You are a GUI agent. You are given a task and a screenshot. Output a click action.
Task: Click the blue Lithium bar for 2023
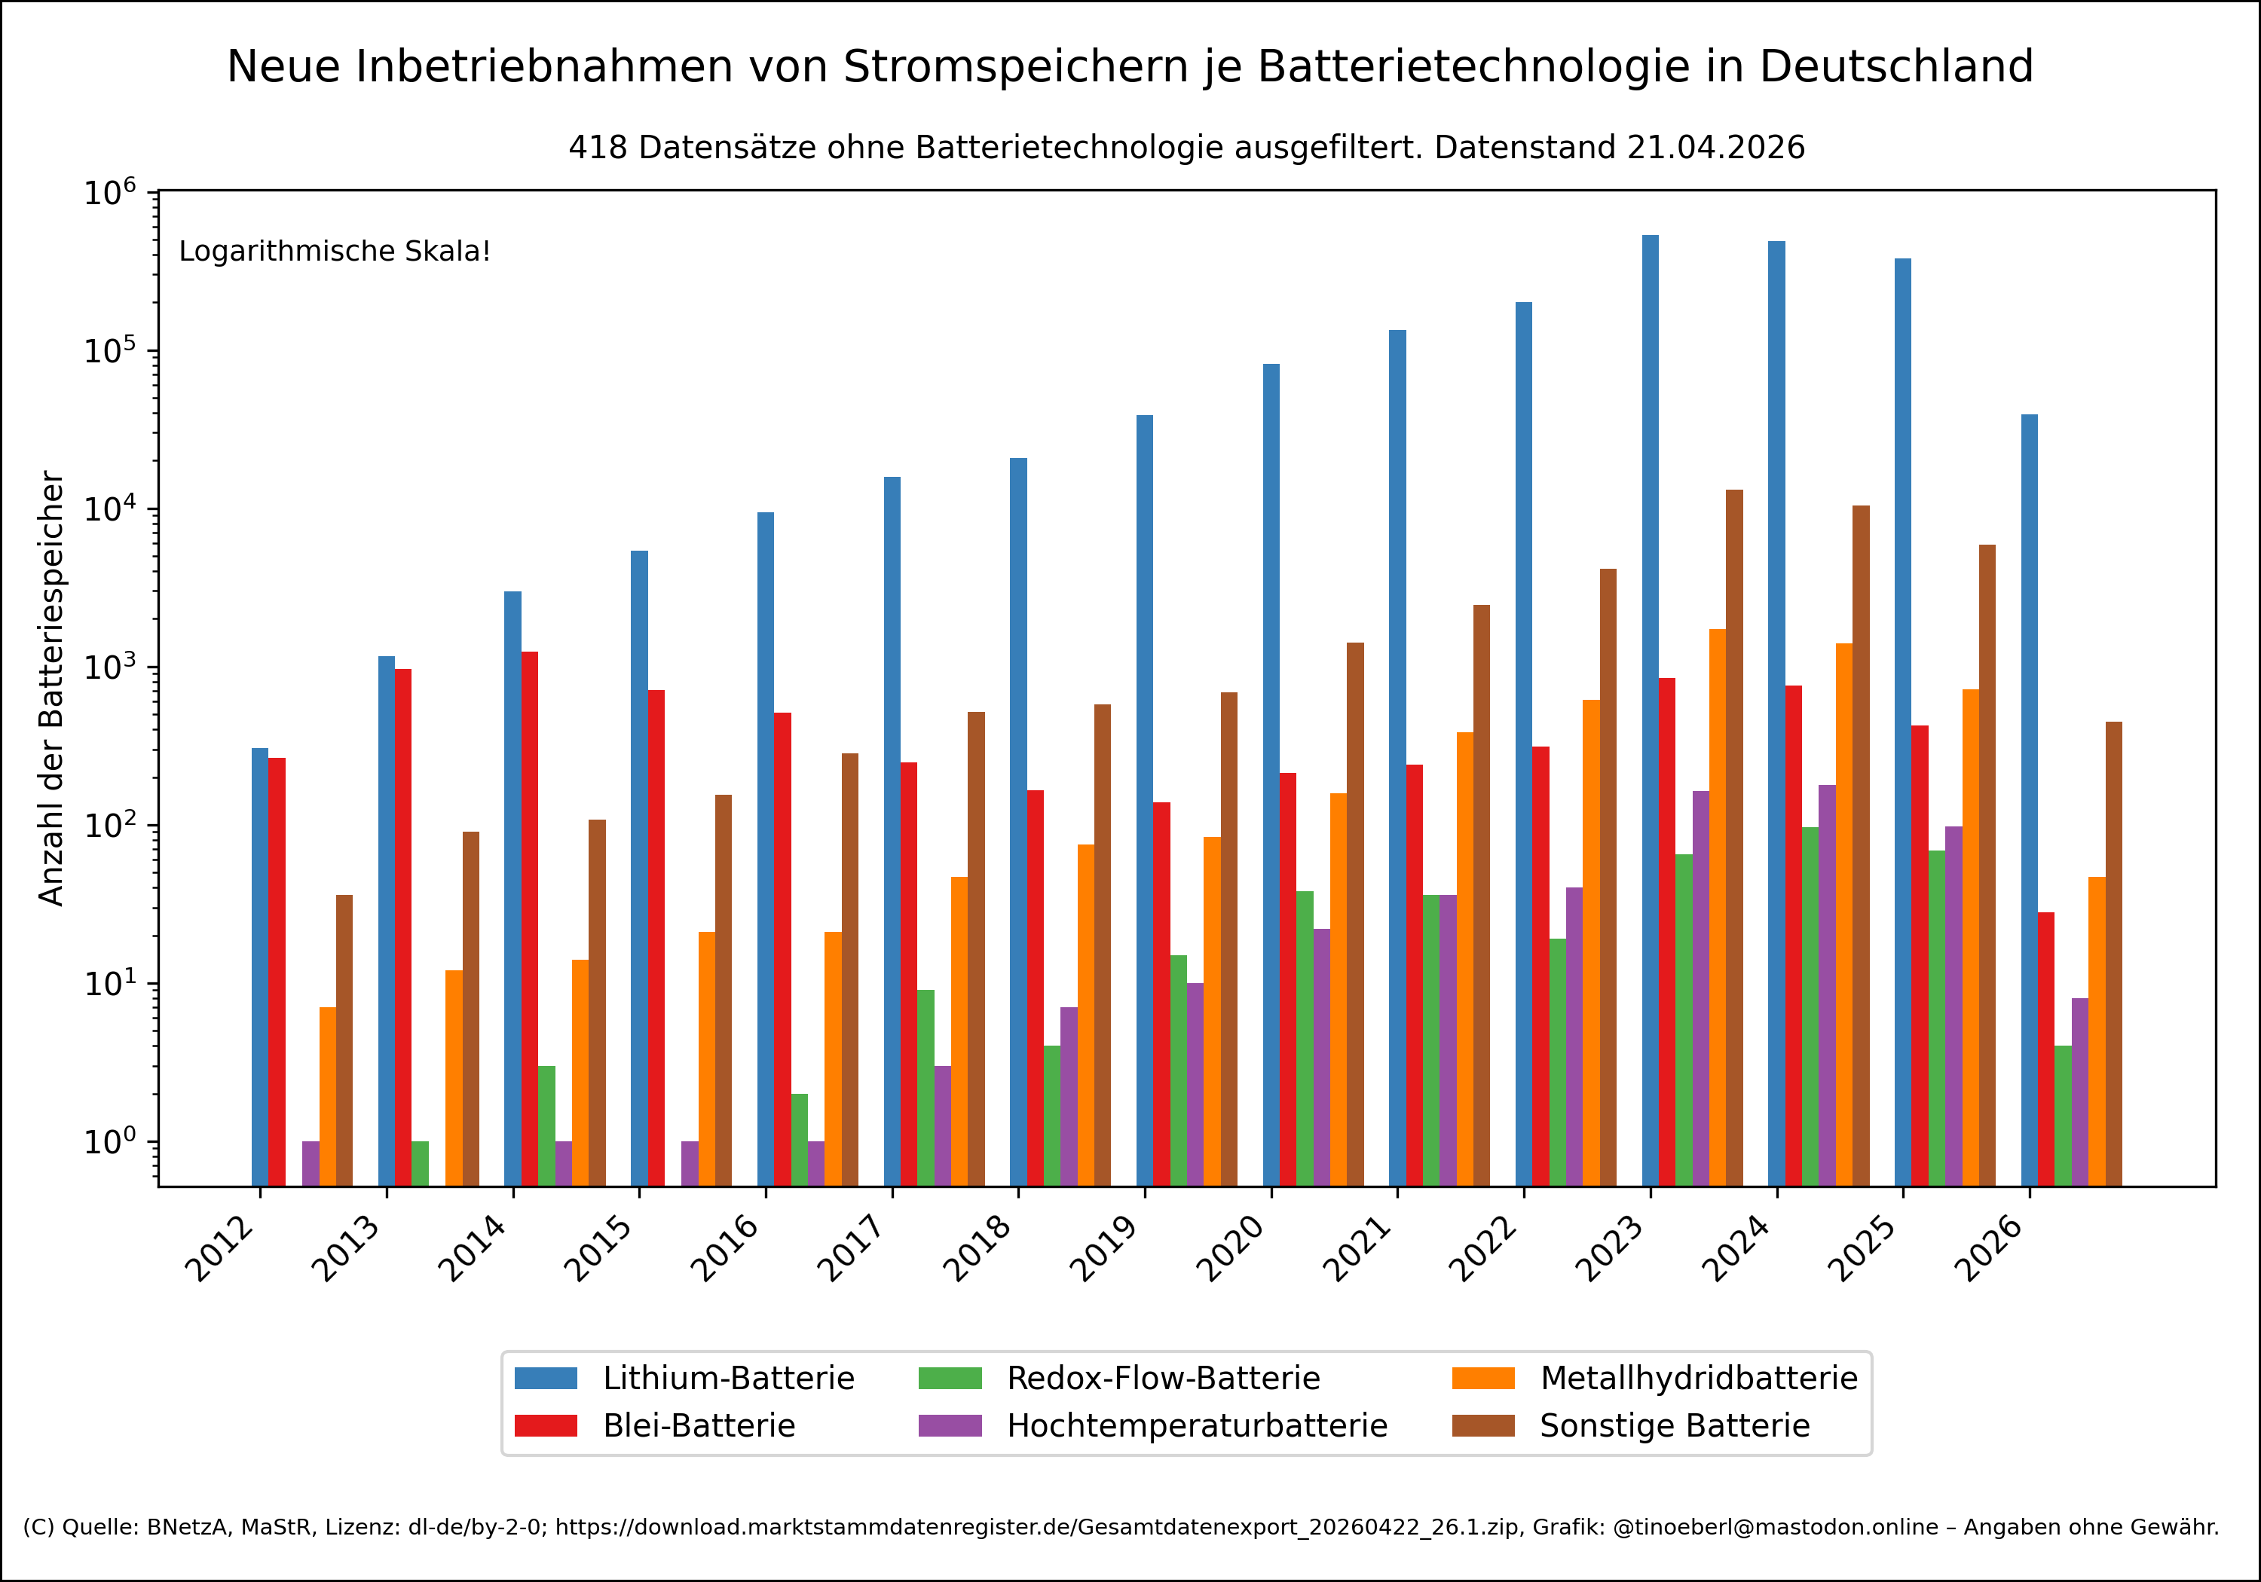coord(1650,709)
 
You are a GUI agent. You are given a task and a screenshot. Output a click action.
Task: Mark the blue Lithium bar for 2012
coord(260,966)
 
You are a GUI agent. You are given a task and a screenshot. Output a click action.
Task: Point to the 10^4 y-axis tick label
coord(109,509)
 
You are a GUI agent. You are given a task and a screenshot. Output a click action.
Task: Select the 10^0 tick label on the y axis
coord(109,1142)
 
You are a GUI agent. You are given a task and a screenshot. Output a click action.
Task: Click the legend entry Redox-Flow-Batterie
coord(1162,1378)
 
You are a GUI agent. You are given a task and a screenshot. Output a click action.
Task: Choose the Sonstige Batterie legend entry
coord(1674,1425)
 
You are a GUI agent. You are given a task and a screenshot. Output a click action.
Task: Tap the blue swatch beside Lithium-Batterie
coord(546,1378)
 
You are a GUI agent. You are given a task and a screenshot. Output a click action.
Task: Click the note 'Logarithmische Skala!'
coord(335,252)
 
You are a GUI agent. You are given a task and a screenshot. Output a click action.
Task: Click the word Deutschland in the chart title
coord(1895,67)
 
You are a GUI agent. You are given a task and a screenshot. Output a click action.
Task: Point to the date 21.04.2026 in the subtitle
coord(1715,148)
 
